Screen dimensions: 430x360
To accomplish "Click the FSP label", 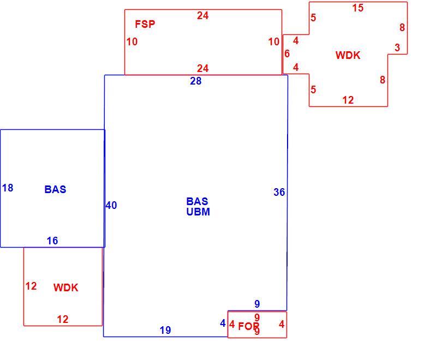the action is click(x=145, y=24).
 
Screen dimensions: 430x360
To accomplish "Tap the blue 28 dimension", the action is click(x=196, y=81).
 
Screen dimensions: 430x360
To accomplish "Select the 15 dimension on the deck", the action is click(x=358, y=8).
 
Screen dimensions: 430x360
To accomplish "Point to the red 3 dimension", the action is click(x=397, y=47).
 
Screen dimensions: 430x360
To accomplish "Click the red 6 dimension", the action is click(x=287, y=53).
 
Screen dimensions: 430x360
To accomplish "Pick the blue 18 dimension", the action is click(x=8, y=188).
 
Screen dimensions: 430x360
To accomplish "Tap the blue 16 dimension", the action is click(x=52, y=241).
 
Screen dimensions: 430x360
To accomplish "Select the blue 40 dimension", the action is click(x=111, y=205).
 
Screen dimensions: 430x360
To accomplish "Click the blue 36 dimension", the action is click(x=279, y=192).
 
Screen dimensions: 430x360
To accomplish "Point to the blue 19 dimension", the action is click(x=165, y=330).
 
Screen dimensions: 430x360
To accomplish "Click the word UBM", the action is click(x=198, y=212).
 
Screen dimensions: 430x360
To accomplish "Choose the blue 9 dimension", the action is click(x=257, y=304).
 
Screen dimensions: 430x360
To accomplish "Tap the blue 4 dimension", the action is click(x=223, y=323).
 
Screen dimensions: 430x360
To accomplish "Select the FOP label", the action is click(x=248, y=326).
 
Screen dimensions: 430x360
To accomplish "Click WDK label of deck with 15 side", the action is click(x=348, y=56).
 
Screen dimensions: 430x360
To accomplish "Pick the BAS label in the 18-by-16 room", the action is click(x=55, y=189).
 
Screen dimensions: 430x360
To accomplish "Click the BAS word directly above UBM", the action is click(x=197, y=201).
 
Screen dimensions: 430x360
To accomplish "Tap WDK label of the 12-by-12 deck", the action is click(x=66, y=287).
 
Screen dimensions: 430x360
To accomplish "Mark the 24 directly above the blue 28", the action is click(x=202, y=68).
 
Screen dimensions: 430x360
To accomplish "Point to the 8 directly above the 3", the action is click(x=402, y=27).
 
